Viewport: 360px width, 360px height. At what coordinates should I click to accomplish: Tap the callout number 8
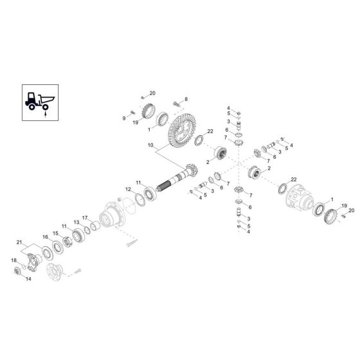[186, 98]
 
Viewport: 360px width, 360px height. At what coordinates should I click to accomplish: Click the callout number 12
[128, 189]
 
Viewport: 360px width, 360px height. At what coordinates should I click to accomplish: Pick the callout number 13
[76, 222]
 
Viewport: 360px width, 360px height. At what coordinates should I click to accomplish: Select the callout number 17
[85, 217]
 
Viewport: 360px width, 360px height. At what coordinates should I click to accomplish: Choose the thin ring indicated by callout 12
[141, 194]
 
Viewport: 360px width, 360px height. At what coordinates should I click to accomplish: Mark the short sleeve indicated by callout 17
[94, 226]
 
